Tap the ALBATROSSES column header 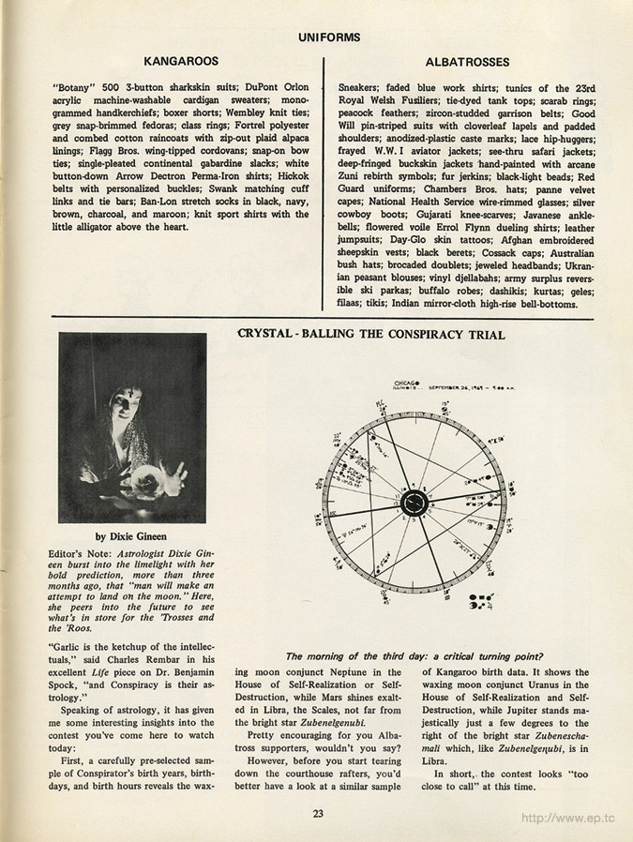(x=467, y=63)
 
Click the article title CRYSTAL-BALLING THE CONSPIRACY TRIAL (x=370, y=335)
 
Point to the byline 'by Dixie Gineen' (x=132, y=536)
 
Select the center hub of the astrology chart (x=414, y=504)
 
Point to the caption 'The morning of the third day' (x=415, y=655)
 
